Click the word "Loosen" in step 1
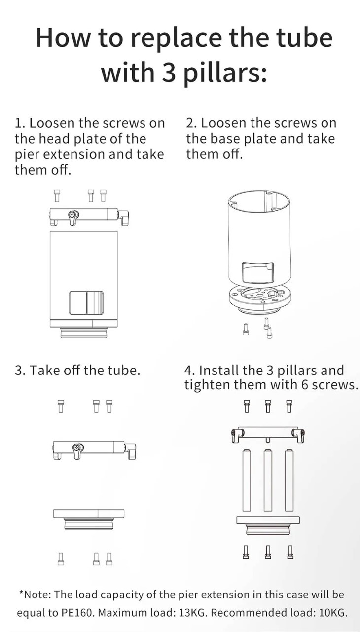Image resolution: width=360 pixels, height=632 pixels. tap(53, 123)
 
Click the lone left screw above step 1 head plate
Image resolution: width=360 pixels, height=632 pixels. tap(57, 196)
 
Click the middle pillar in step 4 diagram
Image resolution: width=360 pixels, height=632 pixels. tap(268, 480)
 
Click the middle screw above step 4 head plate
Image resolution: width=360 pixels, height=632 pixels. tap(268, 406)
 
